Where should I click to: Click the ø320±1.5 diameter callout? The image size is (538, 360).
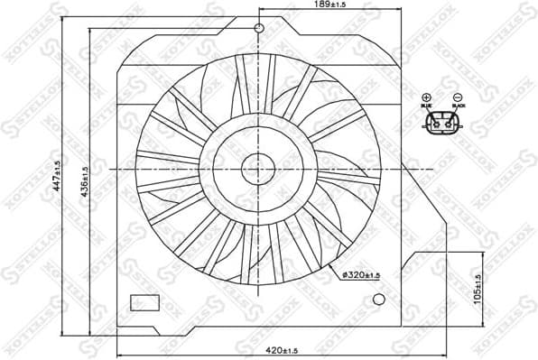361,274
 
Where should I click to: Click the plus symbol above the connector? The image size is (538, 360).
427,97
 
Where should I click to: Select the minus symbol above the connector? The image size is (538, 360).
458,97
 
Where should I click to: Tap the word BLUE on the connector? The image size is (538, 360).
427,108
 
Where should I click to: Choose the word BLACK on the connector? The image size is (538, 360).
458,108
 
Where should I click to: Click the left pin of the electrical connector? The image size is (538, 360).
436,125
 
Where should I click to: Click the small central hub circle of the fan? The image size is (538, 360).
258,168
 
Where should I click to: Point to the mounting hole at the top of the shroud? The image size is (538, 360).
259,28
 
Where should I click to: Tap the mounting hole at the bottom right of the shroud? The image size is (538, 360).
379,299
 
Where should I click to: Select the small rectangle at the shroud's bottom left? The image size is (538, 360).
144,302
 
